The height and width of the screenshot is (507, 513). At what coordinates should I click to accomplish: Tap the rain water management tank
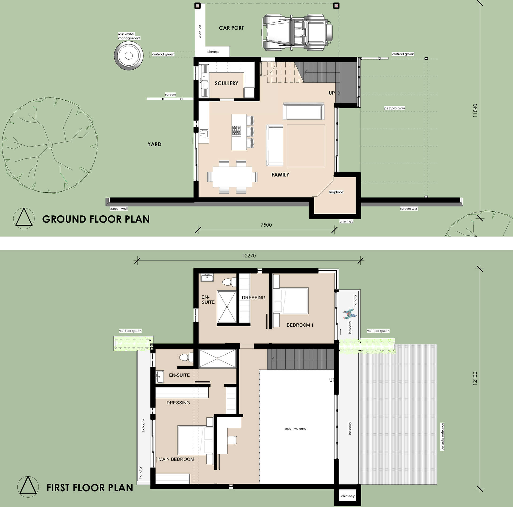point(129,56)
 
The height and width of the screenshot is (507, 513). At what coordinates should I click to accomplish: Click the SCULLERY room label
point(226,83)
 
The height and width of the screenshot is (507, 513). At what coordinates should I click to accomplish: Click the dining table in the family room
point(232,177)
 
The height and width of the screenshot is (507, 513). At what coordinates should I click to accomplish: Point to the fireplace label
point(336,192)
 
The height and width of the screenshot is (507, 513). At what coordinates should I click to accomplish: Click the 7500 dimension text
point(266,225)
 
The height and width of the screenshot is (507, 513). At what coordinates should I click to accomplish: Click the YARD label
point(154,144)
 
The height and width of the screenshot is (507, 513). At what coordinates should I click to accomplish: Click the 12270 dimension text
point(249,256)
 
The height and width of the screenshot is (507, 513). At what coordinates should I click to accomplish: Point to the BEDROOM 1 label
point(300,325)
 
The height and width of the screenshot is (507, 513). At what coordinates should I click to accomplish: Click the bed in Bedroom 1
point(290,300)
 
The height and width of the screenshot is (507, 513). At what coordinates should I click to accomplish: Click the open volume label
point(296,429)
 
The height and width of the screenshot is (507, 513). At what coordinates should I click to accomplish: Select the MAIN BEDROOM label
point(176,460)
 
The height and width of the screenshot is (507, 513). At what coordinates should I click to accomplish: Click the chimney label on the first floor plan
point(348,496)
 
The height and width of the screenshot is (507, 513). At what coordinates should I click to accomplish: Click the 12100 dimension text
point(475,378)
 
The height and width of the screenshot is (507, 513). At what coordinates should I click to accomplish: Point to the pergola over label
point(395,108)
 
